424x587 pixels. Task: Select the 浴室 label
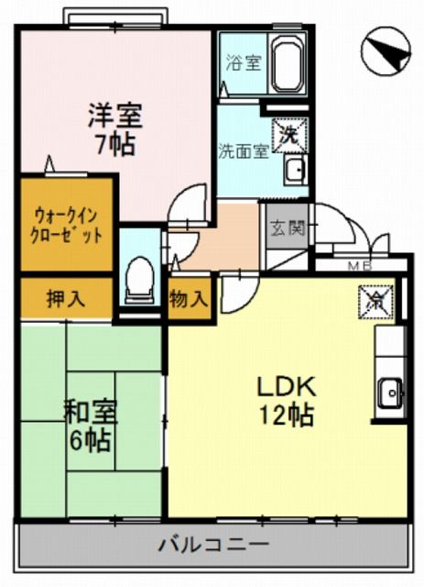243,63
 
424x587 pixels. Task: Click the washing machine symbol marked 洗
290,133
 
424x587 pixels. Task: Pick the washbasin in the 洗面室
294,170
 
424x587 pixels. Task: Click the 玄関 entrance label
285,229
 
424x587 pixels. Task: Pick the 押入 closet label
65,298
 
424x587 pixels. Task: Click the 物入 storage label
190,299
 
